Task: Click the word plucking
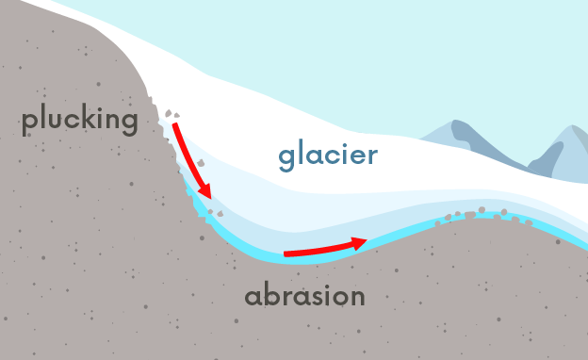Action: point(79,121)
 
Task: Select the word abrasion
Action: point(304,296)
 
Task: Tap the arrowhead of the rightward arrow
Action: point(359,242)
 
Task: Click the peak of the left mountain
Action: point(459,123)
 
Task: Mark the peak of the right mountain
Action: point(572,127)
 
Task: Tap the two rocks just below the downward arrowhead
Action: point(214,214)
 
